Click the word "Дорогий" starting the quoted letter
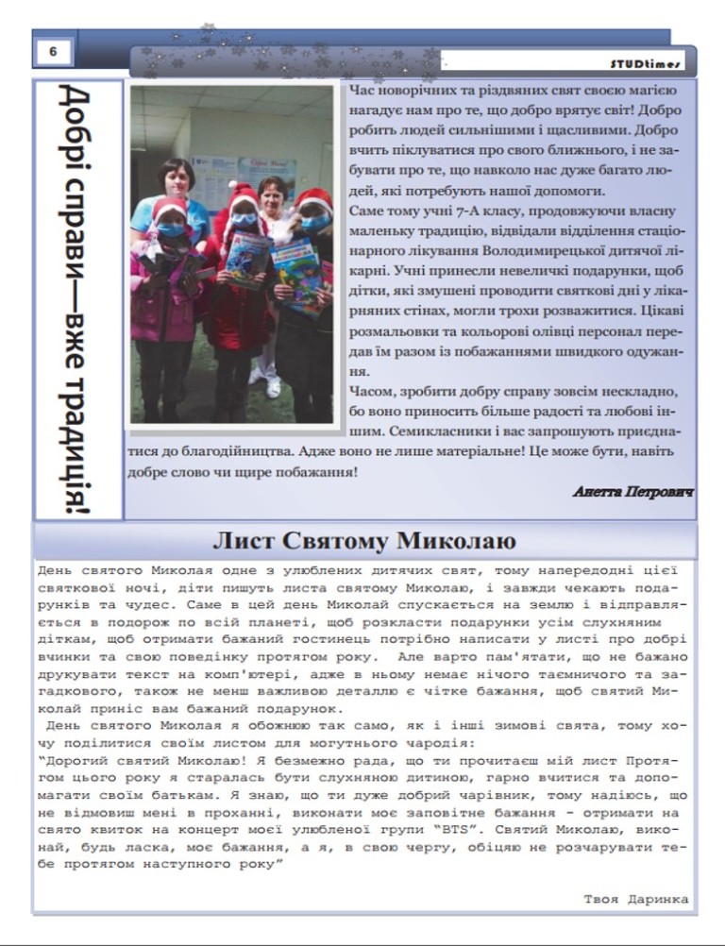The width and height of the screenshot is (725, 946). coord(78,760)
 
